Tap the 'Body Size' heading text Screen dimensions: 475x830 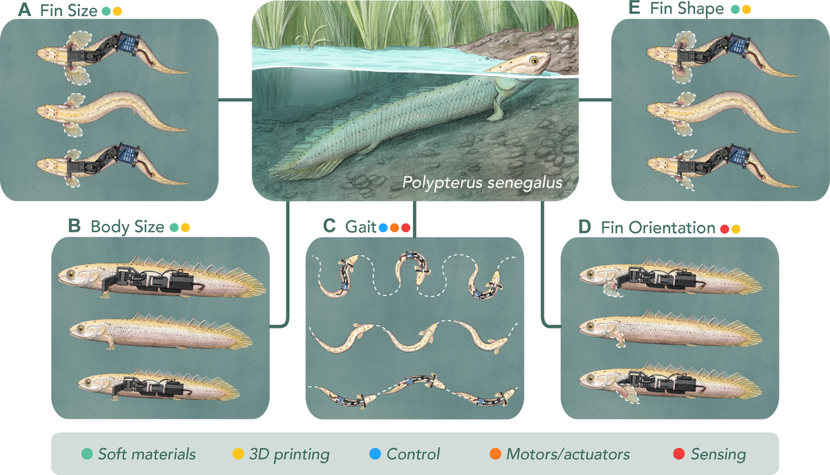tap(127, 227)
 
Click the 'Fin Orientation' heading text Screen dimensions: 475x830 tap(658, 227)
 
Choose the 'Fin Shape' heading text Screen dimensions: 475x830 tap(687, 10)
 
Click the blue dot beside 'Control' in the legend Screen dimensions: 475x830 tap(374, 454)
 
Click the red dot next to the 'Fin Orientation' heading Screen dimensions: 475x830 tap(725, 227)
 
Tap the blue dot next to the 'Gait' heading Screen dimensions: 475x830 tap(382, 227)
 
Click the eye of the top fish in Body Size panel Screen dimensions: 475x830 tap(72, 275)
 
